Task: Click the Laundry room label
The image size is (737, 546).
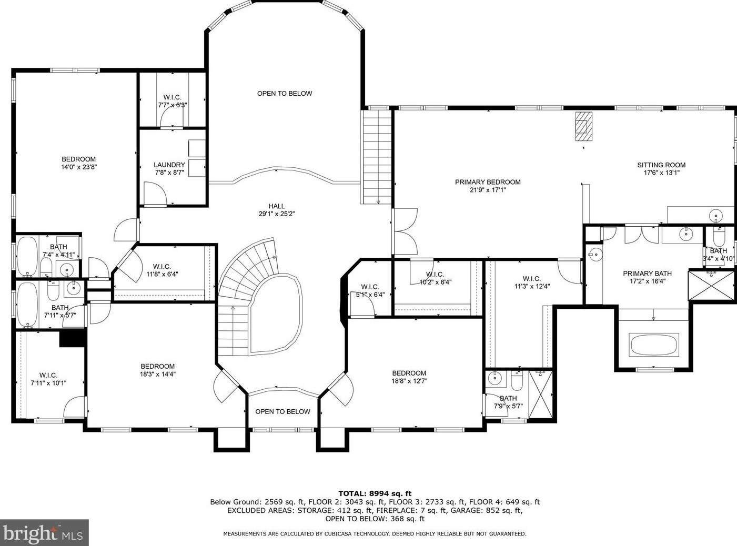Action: pos(169,165)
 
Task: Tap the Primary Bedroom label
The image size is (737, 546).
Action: pos(488,182)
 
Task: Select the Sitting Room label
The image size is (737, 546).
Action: pos(661,165)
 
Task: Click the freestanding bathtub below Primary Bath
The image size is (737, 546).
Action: pos(653,345)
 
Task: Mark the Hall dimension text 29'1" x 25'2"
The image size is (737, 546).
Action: pos(277,214)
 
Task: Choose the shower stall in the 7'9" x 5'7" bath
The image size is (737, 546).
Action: pos(540,395)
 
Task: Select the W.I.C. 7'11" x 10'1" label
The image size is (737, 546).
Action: pos(48,379)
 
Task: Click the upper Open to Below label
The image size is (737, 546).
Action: pos(285,94)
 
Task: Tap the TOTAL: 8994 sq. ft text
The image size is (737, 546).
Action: pos(375,493)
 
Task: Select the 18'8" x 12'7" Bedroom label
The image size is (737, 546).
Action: pos(409,377)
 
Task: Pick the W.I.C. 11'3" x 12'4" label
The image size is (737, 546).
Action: pos(532,282)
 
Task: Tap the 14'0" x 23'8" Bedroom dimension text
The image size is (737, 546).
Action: pos(79,167)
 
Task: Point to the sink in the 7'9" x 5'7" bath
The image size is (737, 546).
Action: pos(495,378)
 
